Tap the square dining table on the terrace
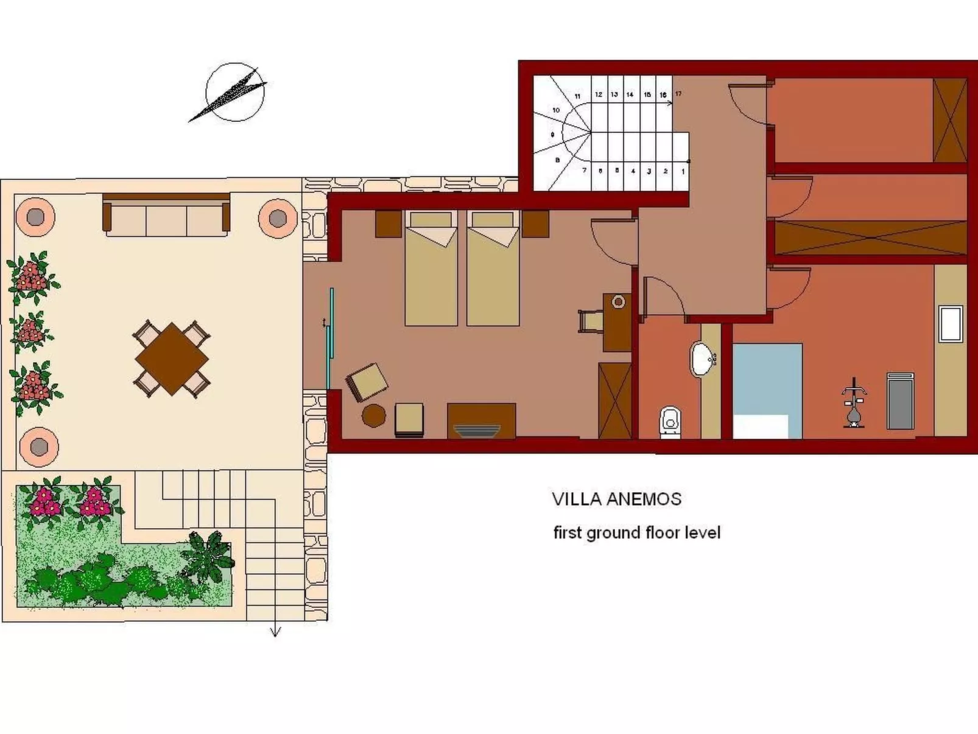pos(172,359)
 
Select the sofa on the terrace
pos(166,215)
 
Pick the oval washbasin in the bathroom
pos(703,359)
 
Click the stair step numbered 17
pos(678,94)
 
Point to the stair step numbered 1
pos(683,171)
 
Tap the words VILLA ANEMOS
pos(616,499)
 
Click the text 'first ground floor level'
pos(636,533)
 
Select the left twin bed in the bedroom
pos(431,269)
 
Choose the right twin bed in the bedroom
pos(493,269)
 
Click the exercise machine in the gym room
pos(853,402)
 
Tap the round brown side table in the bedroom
pos(373,415)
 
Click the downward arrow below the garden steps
pos(275,631)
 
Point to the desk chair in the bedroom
pos(590,320)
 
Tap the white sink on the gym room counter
pos(950,324)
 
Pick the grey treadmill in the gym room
pos(901,401)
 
